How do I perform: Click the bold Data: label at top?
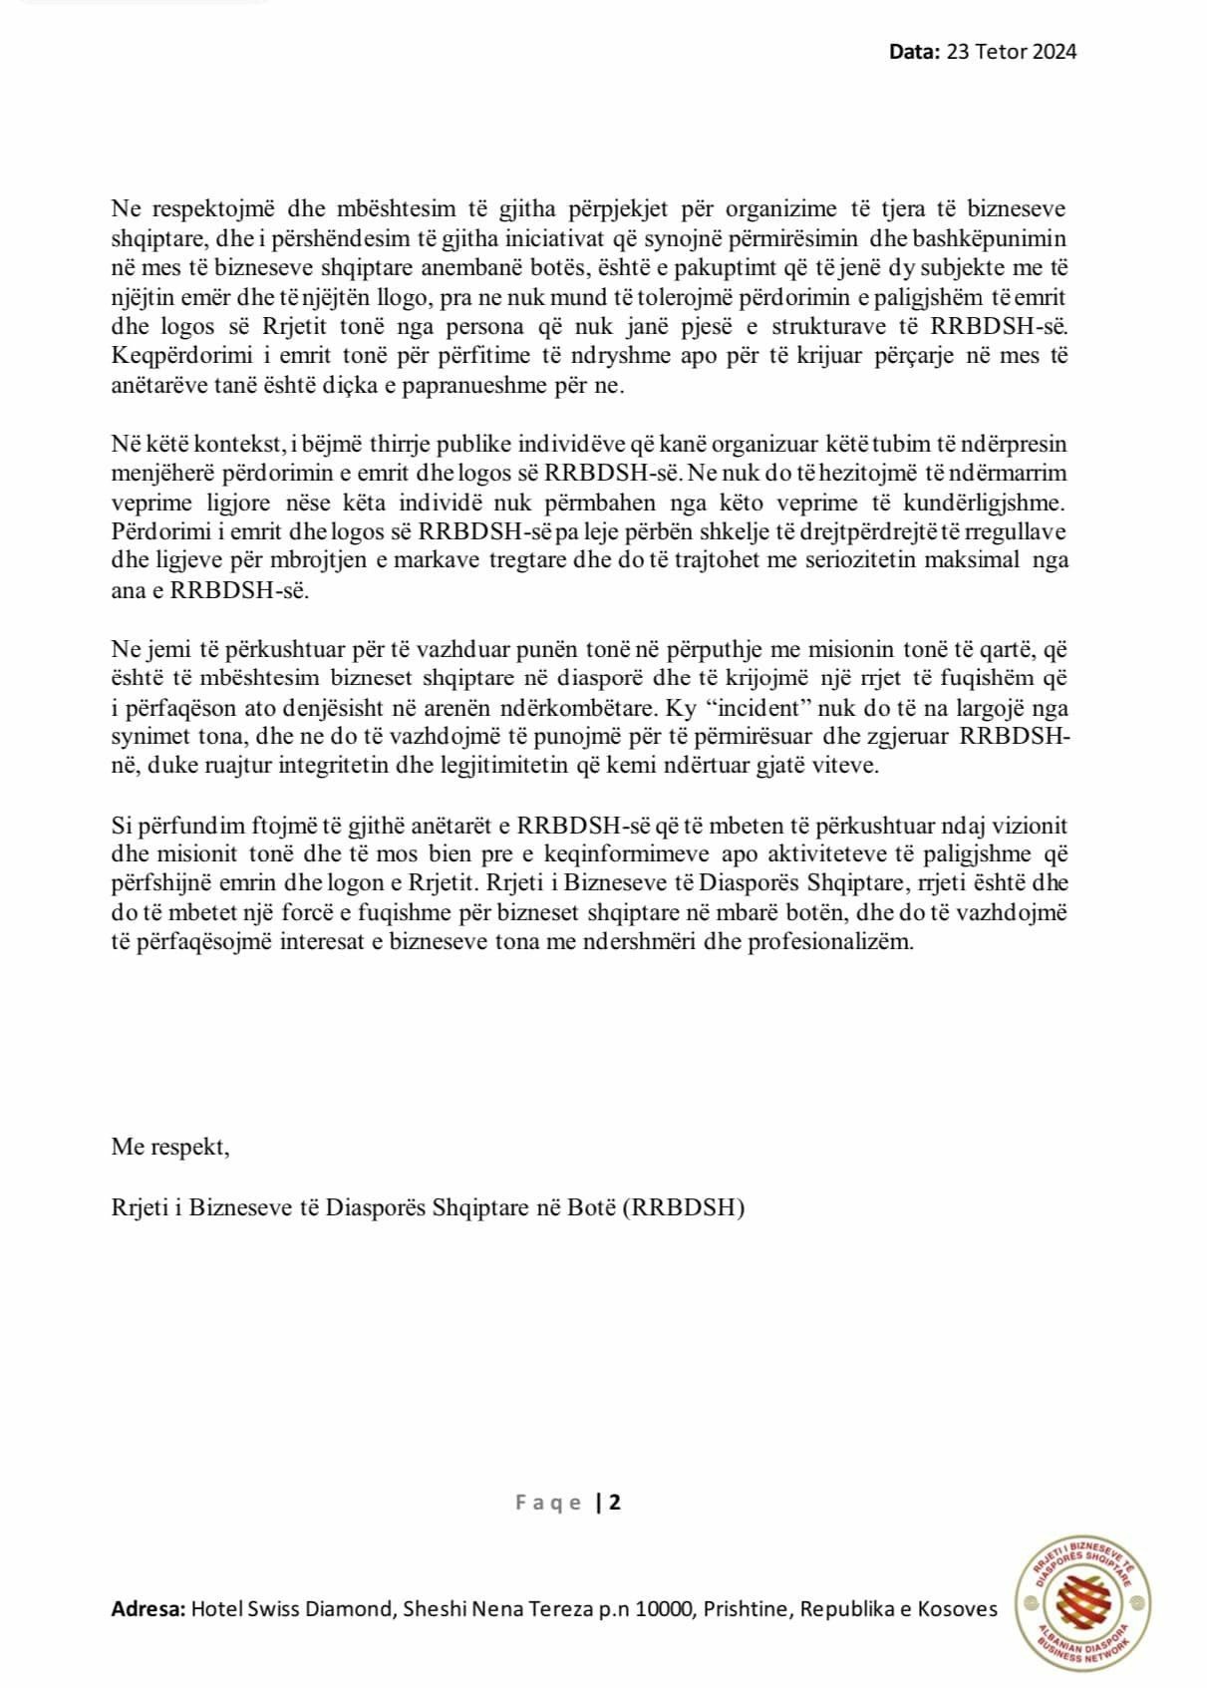(x=914, y=52)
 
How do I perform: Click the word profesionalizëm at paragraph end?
(x=838, y=942)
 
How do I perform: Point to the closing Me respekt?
(x=170, y=1147)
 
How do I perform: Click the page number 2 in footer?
(x=615, y=1503)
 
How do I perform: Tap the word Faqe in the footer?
(x=548, y=1503)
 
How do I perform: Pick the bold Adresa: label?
(x=149, y=1609)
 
